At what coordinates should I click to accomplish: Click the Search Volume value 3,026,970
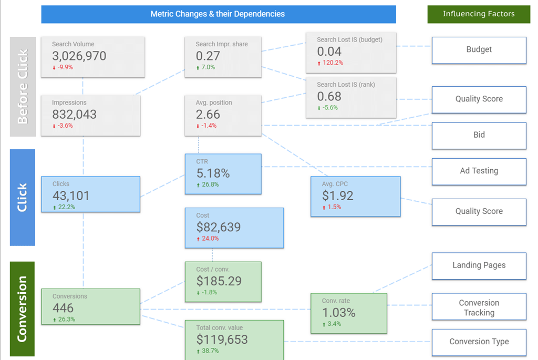pyautogui.click(x=79, y=56)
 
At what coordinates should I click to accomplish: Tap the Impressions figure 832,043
pyautogui.click(x=74, y=115)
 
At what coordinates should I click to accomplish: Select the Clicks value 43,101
pyautogui.click(x=71, y=196)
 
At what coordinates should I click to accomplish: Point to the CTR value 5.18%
pyautogui.click(x=213, y=173)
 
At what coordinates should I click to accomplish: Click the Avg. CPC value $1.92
pyautogui.click(x=338, y=196)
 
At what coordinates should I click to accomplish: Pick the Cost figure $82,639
pyautogui.click(x=219, y=228)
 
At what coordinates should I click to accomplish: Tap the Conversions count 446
pyautogui.click(x=63, y=308)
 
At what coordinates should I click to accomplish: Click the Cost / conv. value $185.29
pyautogui.click(x=219, y=281)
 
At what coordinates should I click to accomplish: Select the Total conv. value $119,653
pyautogui.click(x=222, y=340)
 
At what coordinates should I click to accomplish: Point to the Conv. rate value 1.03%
pyautogui.click(x=339, y=313)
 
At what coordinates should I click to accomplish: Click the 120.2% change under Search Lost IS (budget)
pyautogui.click(x=332, y=63)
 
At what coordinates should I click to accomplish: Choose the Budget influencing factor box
pyautogui.click(x=479, y=50)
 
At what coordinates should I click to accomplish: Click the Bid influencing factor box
pyautogui.click(x=479, y=135)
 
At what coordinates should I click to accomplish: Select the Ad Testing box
pyautogui.click(x=479, y=171)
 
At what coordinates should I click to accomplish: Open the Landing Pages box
pyautogui.click(x=479, y=265)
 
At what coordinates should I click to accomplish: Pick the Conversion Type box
pyautogui.click(x=479, y=342)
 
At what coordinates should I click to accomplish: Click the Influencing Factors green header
pyautogui.click(x=479, y=14)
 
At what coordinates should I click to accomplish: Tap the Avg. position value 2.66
pyautogui.click(x=208, y=115)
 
